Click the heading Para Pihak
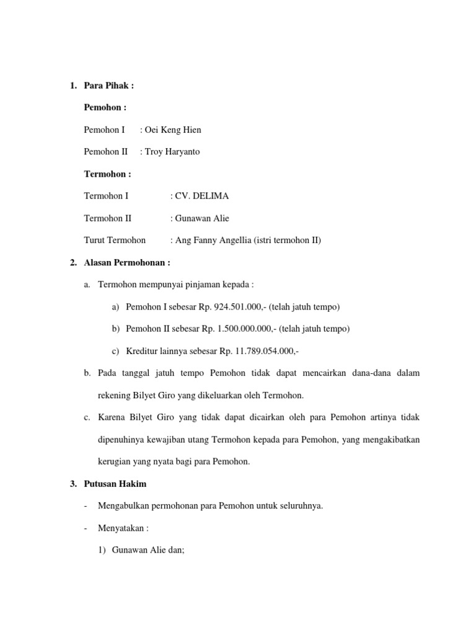[x=108, y=86]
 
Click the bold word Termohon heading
[x=107, y=174]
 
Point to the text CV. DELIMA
[x=201, y=196]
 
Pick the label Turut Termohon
[x=115, y=240]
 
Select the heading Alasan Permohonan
[x=126, y=262]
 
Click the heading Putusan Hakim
[x=115, y=484]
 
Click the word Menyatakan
[x=121, y=528]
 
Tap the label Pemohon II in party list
[x=105, y=151]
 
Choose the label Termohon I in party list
[x=106, y=196]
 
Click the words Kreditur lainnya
[x=156, y=351]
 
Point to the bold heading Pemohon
[x=105, y=107]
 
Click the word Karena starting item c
[x=112, y=417]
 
